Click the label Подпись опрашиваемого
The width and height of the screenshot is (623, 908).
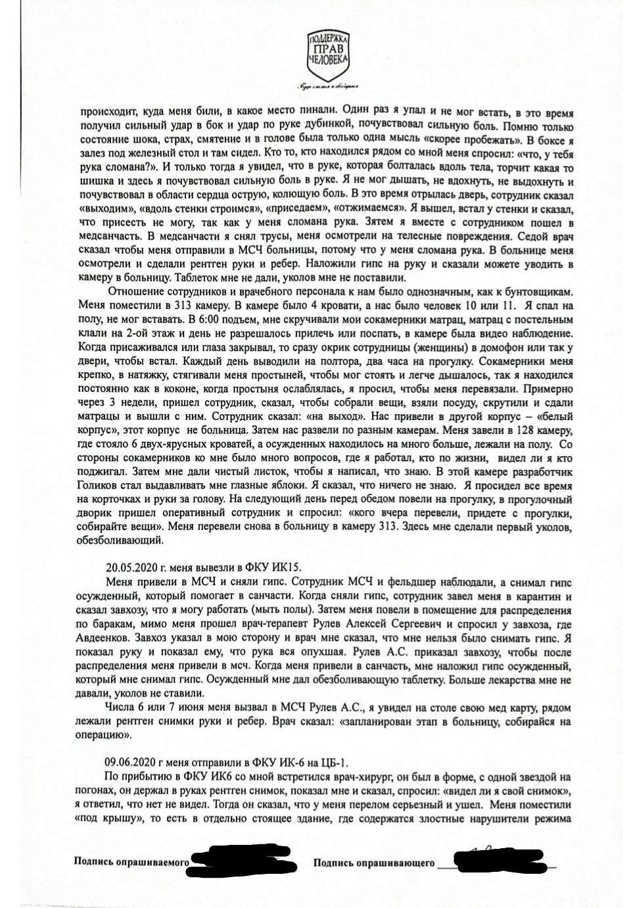[131, 861]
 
